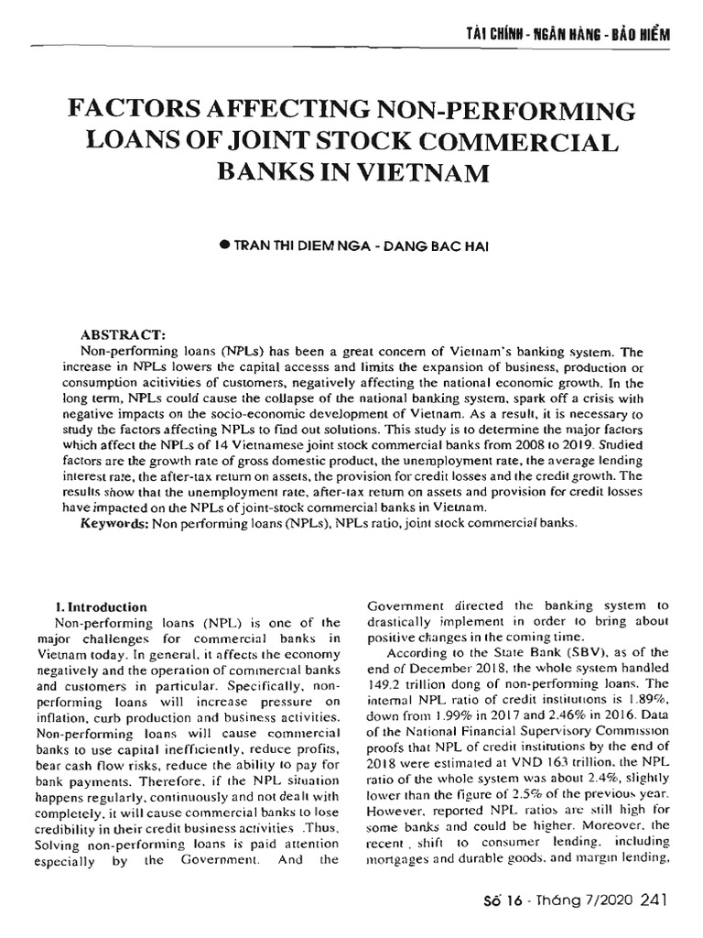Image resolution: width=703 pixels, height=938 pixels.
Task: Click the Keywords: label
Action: pyautogui.click(x=114, y=523)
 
